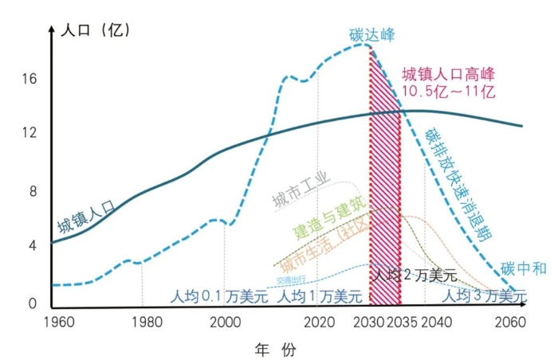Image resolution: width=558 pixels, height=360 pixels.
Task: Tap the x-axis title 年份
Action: (276, 349)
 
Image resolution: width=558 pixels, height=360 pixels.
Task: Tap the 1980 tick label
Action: (144, 322)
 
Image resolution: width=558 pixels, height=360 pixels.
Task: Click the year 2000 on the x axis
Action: (226, 322)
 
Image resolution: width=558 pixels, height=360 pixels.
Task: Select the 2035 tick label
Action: (401, 322)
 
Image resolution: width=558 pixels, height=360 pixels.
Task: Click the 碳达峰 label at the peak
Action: (372, 35)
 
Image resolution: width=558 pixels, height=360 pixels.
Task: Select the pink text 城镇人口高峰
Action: (449, 75)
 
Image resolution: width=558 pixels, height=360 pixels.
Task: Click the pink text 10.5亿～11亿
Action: (449, 91)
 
